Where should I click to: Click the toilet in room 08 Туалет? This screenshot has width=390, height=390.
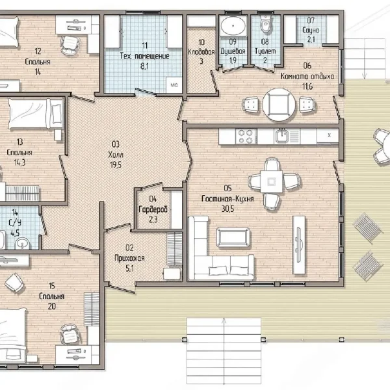(265, 24)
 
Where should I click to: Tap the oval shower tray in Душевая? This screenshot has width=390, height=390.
(233, 25)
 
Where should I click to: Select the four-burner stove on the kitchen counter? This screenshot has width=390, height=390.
(246, 136)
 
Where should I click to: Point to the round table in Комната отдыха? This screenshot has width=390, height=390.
(279, 105)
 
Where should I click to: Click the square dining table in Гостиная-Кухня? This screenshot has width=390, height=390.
(271, 181)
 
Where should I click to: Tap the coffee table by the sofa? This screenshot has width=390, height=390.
(233, 237)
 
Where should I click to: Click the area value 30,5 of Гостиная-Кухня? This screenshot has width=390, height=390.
(227, 209)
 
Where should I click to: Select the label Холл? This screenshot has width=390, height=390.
(116, 155)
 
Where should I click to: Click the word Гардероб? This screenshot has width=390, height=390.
(153, 209)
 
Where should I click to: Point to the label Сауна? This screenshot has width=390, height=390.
(311, 30)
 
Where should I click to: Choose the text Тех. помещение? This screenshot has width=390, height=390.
(144, 56)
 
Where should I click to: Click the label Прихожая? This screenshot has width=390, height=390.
(129, 258)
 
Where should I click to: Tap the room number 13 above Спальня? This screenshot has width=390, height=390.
(19, 142)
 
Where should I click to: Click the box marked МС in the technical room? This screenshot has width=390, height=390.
(174, 85)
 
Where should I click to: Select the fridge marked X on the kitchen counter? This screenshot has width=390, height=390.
(328, 136)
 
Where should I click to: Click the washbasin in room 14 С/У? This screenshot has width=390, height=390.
(23, 243)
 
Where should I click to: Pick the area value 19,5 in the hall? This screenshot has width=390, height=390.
(116, 164)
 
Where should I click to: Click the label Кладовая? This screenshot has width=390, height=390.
(201, 52)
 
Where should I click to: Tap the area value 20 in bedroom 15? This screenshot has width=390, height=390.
(52, 306)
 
